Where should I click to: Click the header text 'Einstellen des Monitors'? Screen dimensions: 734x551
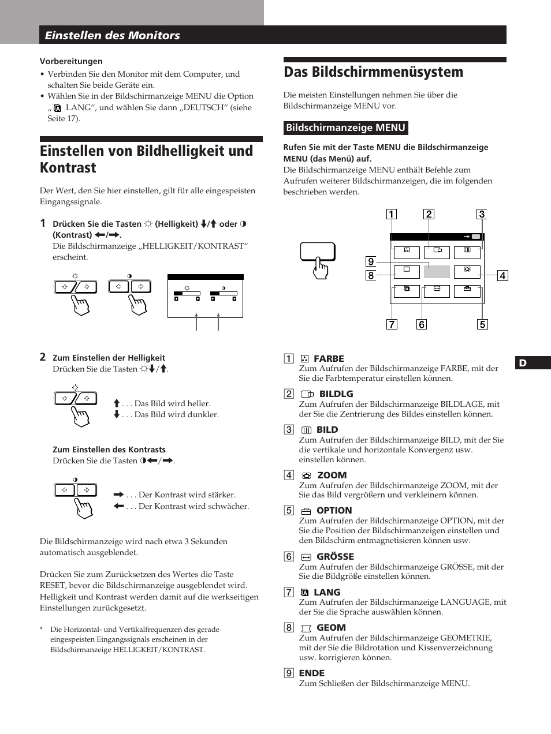[113, 35]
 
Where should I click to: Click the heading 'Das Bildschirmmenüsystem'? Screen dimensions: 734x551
[373, 72]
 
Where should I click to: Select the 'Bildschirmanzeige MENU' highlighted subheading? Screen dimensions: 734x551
[346, 128]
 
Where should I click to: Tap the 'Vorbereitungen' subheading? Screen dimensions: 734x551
[71, 61]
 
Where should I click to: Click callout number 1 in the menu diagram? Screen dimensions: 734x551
[392, 215]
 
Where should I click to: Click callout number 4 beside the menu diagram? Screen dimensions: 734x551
[502, 276]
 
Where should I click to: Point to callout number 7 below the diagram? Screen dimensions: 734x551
[392, 324]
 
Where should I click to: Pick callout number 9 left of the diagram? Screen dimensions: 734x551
[371, 261]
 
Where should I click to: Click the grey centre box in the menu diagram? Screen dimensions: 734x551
[437, 271]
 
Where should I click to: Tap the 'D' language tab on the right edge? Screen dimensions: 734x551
[523, 363]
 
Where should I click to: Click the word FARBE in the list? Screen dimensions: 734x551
[329, 358]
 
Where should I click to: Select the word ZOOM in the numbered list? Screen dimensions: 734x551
[332, 475]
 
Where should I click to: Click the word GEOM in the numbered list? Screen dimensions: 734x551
[331, 627]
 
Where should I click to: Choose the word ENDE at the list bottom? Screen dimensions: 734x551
[312, 673]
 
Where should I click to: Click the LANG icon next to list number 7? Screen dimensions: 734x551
[305, 593]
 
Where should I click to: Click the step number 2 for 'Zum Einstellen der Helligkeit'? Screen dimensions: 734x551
[43, 357]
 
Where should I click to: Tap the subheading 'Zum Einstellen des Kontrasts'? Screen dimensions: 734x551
[109, 450]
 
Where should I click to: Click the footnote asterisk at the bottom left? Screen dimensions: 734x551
[42, 629]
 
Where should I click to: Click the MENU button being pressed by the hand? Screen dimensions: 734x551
[317, 252]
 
